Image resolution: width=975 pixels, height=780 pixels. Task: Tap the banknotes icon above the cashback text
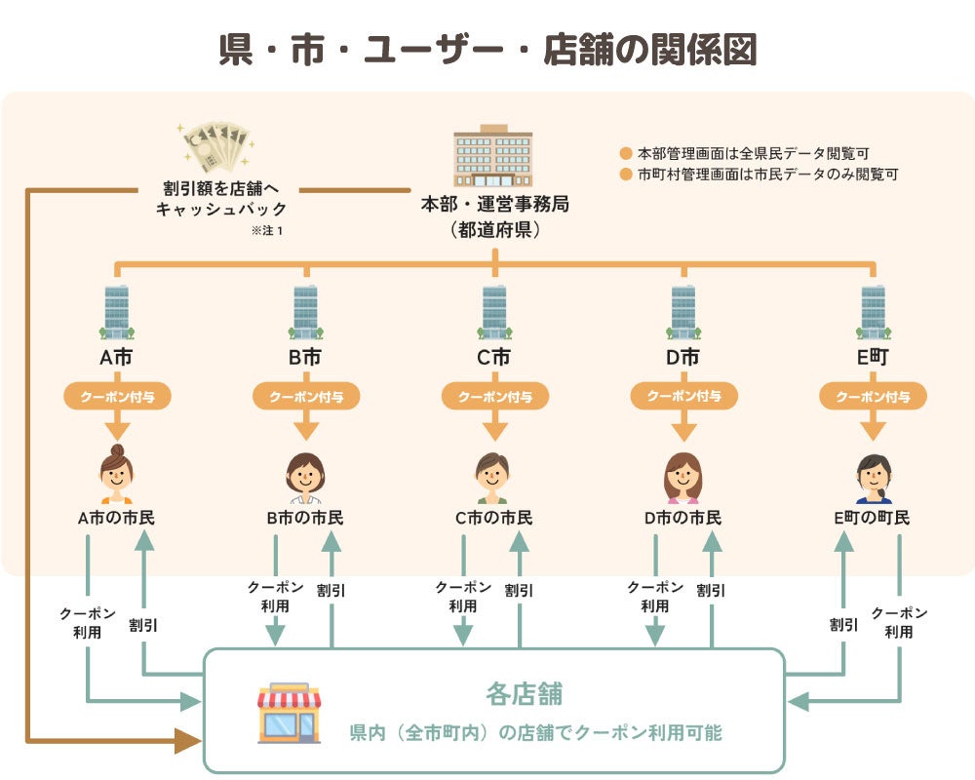pos(215,147)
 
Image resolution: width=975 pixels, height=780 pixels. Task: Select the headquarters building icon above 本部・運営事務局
pos(493,156)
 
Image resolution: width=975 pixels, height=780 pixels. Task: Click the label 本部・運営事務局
pos(494,206)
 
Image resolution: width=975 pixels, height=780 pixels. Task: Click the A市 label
pos(116,358)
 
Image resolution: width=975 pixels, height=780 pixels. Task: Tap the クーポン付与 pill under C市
pos(495,396)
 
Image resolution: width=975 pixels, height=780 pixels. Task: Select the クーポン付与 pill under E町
pos(873,396)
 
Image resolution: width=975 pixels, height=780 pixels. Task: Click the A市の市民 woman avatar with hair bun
pos(116,475)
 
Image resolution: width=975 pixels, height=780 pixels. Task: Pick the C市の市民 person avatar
pos(493,477)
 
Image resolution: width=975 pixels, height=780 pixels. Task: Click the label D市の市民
pos(682,518)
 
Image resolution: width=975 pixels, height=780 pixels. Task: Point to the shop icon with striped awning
pos(289,713)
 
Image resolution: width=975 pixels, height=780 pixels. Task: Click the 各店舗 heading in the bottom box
pos(524,695)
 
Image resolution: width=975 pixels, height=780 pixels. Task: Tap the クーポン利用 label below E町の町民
pos(899,622)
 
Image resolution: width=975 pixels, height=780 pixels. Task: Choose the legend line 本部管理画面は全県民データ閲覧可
pos(752,153)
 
